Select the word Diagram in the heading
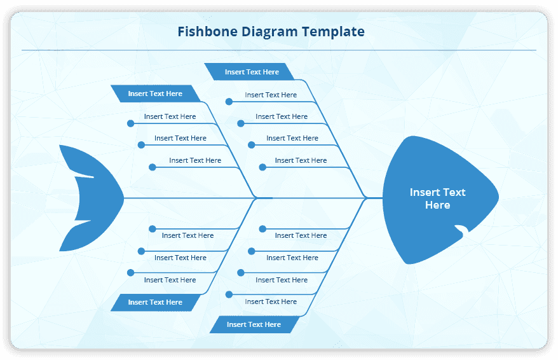[269, 31]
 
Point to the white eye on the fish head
[461, 230]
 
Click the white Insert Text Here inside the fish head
[437, 198]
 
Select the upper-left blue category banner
[155, 93]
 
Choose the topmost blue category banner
[252, 72]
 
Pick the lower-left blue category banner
[155, 302]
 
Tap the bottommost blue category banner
[254, 324]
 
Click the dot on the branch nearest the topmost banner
[229, 101]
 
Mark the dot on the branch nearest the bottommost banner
[229, 294]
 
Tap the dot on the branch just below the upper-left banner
[130, 123]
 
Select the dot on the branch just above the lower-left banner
[130, 272]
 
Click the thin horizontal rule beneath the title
[278, 50]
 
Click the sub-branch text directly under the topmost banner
[271, 95]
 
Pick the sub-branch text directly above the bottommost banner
[271, 301]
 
